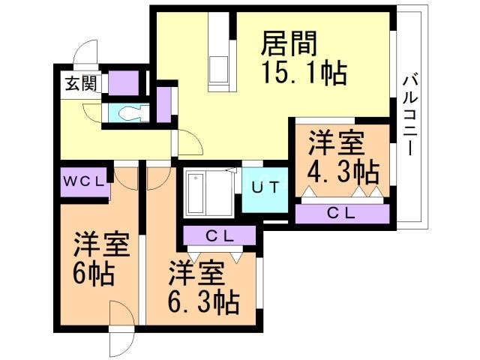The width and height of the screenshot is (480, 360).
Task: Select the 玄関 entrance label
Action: (x=76, y=82)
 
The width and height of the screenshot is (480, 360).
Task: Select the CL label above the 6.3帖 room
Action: (x=220, y=236)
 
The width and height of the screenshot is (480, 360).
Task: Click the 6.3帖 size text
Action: (x=202, y=303)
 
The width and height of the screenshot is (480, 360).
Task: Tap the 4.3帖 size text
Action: (x=341, y=172)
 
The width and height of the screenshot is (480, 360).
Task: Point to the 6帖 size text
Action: (x=93, y=274)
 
